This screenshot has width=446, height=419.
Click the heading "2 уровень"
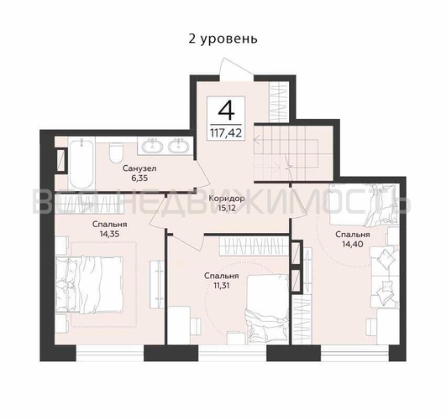[x=222, y=39]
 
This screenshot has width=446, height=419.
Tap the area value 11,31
[x=221, y=285]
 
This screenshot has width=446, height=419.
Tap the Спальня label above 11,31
[x=221, y=275]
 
